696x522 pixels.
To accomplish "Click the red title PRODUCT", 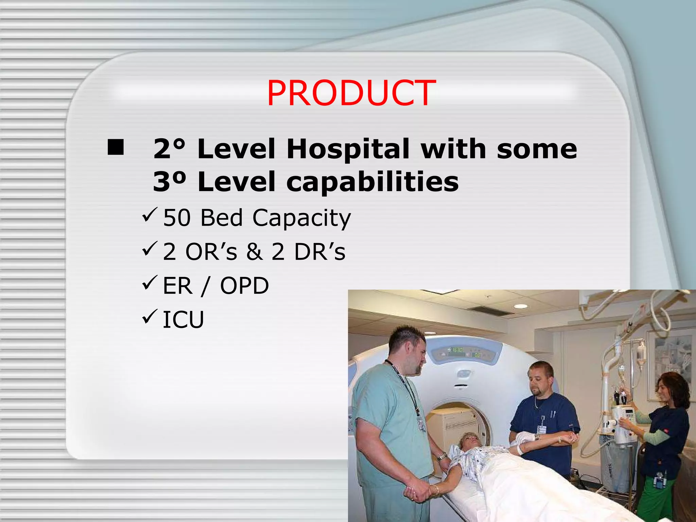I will tap(351, 93).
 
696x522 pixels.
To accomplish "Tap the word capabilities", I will tap(372, 181).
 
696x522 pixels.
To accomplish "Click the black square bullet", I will tap(116, 147).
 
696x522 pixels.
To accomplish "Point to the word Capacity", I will tap(301, 218).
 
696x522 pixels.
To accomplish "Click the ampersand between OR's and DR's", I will tap(254, 252).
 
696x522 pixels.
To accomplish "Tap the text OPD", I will tap(244, 286).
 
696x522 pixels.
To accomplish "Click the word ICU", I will tap(183, 320).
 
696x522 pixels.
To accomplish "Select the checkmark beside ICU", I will tap(149, 316).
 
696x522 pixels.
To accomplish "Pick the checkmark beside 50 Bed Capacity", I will tap(149, 215).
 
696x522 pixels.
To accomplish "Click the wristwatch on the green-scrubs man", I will tap(442, 457).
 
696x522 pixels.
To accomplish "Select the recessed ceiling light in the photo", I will tap(520, 306).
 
